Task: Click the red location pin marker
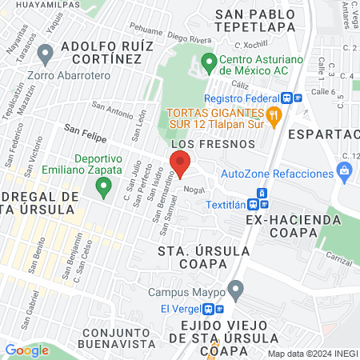point(179,163)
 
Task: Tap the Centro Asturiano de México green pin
point(210,62)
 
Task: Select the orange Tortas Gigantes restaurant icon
point(274,115)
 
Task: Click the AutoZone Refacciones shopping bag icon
point(345,170)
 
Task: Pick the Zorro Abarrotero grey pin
point(46,55)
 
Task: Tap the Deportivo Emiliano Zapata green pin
point(102,188)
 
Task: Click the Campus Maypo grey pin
point(234,289)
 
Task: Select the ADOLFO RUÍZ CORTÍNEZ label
point(106,51)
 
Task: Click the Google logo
point(26,350)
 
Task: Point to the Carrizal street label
point(339,260)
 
